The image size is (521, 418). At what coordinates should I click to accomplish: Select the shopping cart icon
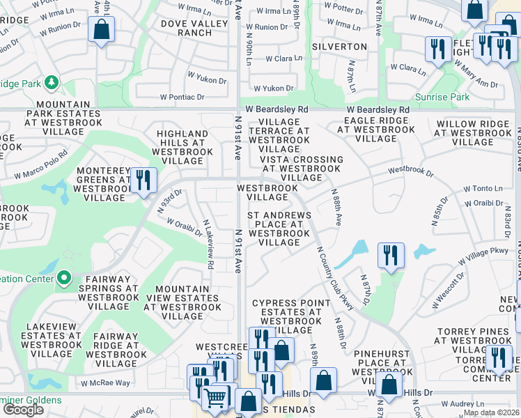[x=216, y=398]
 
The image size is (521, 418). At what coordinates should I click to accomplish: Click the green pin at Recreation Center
[x=64, y=279]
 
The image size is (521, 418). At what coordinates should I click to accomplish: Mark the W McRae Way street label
[x=105, y=382]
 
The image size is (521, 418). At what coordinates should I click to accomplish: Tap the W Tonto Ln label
[x=483, y=188]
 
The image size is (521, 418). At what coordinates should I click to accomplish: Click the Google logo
[x=23, y=410]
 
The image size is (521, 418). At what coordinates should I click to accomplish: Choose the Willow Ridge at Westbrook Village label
[x=473, y=133]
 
